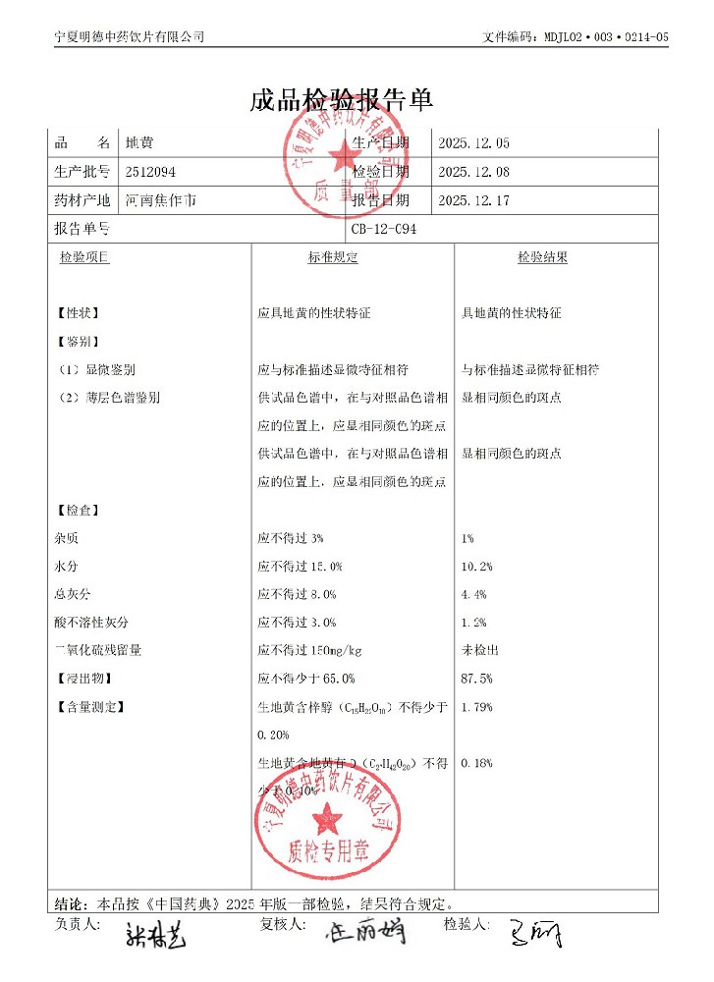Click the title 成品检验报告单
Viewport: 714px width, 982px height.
342,100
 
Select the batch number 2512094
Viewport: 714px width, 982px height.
150,172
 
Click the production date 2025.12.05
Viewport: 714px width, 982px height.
473,143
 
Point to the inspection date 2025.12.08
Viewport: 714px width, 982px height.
473,172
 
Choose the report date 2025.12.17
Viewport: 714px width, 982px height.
473,200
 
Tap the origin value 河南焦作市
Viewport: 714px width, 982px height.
160,200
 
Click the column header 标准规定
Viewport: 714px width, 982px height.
332,257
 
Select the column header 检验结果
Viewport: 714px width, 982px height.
542,257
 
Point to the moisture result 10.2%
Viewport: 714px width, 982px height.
476,567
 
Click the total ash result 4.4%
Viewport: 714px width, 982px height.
473,594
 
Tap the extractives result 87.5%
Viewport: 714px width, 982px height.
476,679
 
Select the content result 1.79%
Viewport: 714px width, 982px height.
476,707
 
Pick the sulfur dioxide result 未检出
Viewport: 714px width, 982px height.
480,650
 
